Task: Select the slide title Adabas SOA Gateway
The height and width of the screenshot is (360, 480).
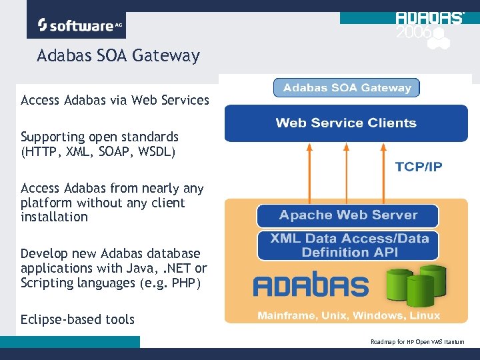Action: tap(118, 55)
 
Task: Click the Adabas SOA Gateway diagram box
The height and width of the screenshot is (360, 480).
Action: tap(347, 87)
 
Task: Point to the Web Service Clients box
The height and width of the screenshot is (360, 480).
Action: tap(346, 123)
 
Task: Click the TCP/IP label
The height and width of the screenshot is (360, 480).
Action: tap(418, 167)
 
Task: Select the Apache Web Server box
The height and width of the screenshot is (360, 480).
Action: tap(348, 215)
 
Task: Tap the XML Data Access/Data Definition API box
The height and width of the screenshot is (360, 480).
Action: tap(348, 245)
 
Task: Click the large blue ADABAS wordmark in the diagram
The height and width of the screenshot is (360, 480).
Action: tap(310, 285)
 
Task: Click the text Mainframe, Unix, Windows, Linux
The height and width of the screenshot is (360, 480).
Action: tap(349, 315)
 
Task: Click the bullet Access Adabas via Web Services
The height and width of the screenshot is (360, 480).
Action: tap(115, 101)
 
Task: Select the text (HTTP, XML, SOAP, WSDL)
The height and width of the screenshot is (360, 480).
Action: tap(98, 151)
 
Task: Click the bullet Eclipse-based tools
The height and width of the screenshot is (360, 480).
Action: tap(77, 319)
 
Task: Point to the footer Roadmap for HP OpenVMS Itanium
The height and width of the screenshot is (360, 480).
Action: tap(417, 342)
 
